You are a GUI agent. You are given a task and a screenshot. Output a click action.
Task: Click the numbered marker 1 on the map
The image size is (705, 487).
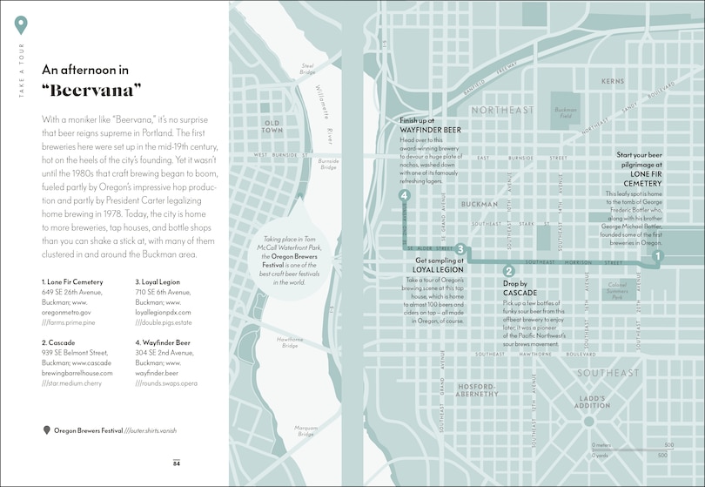point(658,256)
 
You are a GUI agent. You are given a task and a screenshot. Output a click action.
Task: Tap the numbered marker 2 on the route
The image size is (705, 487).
point(508,271)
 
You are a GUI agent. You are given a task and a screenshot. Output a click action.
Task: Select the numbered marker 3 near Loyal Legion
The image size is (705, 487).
point(460,250)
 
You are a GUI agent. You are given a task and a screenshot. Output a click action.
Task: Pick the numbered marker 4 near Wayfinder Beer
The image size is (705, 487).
point(404,195)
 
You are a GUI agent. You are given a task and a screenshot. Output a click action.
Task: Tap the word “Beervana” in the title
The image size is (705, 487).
point(92,90)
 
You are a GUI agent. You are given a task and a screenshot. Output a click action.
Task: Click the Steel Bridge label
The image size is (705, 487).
point(308,68)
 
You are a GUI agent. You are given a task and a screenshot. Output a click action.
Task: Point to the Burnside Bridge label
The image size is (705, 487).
point(328,164)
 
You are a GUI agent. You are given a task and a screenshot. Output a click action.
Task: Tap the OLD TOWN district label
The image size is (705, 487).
point(272,128)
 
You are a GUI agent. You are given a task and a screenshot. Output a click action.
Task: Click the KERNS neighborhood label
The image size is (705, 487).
point(613,82)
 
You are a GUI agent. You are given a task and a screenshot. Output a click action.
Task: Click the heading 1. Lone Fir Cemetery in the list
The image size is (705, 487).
point(72,282)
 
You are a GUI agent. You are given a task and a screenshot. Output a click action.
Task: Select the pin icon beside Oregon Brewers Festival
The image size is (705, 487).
point(46,430)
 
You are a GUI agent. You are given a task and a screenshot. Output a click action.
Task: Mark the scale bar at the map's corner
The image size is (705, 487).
point(628,449)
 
